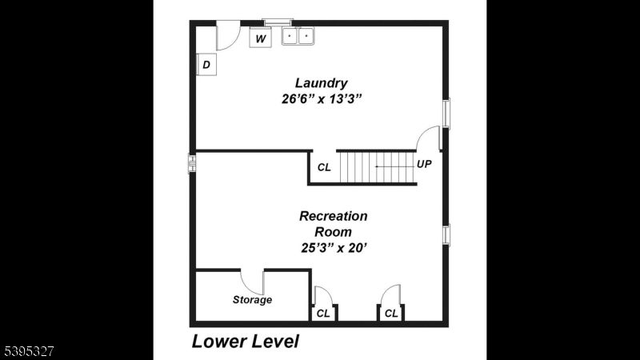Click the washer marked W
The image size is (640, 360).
[260, 38]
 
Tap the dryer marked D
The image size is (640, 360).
[206, 65]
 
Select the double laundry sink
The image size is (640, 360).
[298, 36]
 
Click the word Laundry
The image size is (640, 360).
[321, 82]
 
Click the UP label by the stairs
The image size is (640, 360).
[424, 164]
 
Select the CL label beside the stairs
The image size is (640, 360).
[324, 167]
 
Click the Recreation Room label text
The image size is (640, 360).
[333, 224]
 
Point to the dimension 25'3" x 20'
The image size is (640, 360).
[333, 247]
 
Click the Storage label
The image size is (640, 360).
[252, 300]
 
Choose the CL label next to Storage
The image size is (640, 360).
[323, 314]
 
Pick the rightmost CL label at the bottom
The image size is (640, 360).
[391, 314]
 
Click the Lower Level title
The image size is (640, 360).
[245, 342]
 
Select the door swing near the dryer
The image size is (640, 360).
[228, 36]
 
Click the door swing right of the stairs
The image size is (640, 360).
[430, 138]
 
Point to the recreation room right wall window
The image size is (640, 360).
[446, 234]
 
